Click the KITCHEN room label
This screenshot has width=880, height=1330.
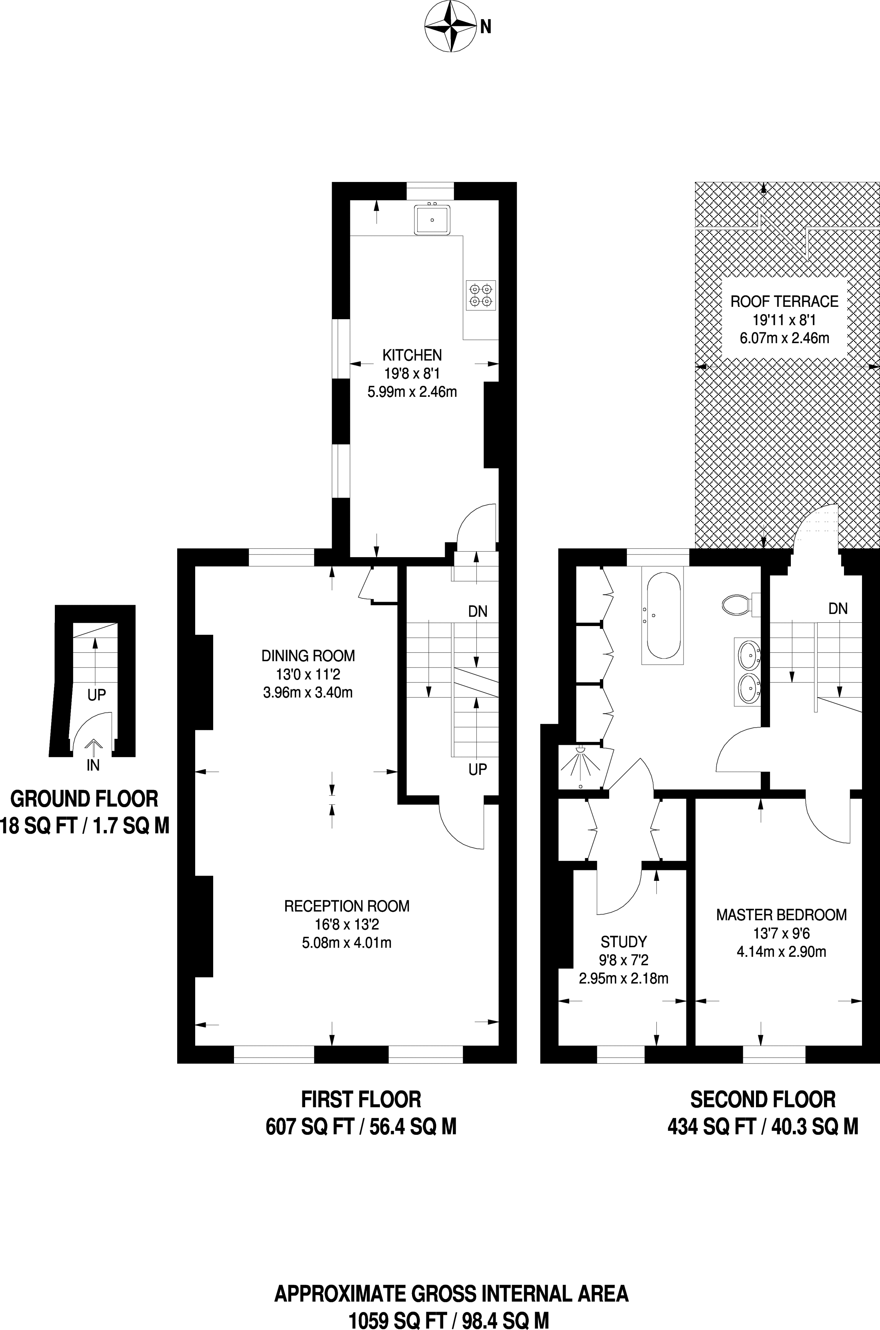point(412,355)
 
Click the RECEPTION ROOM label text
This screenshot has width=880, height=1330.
point(347,906)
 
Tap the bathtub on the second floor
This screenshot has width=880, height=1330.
point(664,615)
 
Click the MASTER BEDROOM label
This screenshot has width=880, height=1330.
point(781,915)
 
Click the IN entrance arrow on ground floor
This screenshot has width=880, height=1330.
point(93,746)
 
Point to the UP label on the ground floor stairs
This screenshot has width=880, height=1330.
point(96,695)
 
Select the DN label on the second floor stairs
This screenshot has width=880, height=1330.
point(838,609)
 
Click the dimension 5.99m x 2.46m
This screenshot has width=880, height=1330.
point(412,392)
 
